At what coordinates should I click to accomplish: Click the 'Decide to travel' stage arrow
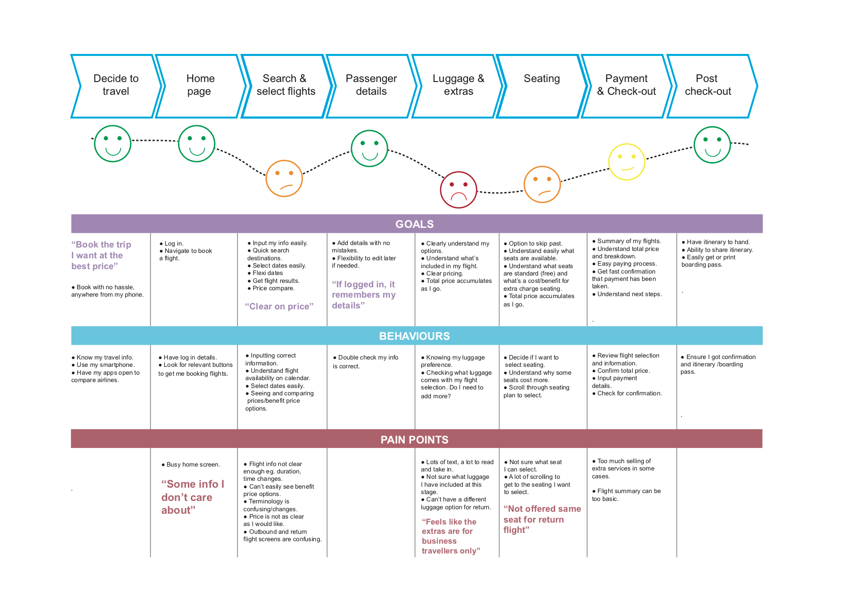(x=116, y=85)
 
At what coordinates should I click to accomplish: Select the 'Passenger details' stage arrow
(x=371, y=85)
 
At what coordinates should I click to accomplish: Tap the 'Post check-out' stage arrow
(x=708, y=85)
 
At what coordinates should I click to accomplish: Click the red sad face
(x=458, y=190)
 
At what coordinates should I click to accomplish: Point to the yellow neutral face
(x=626, y=162)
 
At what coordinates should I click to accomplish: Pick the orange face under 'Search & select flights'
(x=284, y=178)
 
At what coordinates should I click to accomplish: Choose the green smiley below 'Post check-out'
(x=712, y=145)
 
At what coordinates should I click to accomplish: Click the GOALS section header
(x=415, y=224)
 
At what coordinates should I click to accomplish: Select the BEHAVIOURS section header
(x=415, y=336)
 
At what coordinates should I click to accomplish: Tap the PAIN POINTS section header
(x=415, y=440)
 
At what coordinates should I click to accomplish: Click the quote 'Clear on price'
(x=279, y=306)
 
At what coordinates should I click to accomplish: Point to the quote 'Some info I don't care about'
(x=192, y=497)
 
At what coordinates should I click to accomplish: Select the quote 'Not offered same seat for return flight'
(x=542, y=519)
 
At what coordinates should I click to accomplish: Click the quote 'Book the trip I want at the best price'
(x=101, y=255)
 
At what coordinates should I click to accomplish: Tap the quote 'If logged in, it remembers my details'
(x=363, y=295)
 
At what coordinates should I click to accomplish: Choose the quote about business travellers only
(x=450, y=536)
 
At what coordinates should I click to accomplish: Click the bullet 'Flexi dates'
(x=268, y=273)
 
